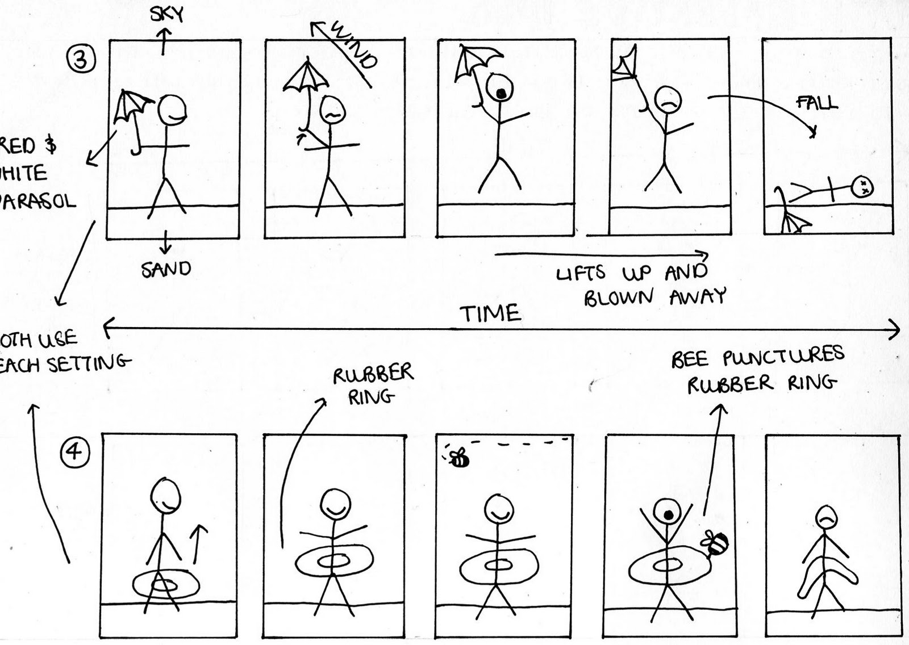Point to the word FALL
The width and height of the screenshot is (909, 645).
tap(817, 103)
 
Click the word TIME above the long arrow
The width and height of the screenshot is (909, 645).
tap(490, 313)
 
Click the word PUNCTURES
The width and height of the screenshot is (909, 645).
tap(783, 357)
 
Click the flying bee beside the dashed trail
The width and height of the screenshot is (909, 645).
tap(458, 457)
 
